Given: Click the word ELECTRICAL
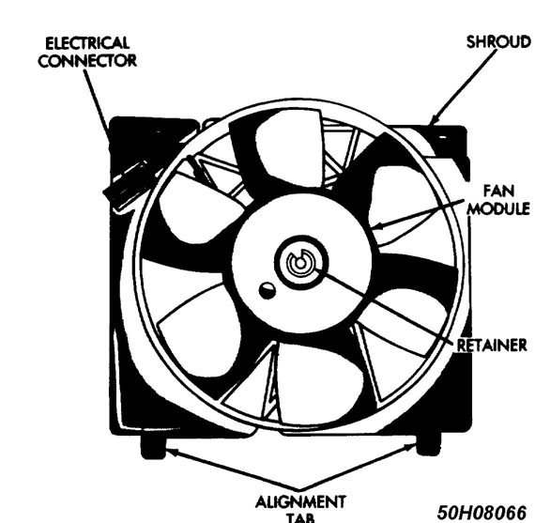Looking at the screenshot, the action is pyautogui.click(x=87, y=43).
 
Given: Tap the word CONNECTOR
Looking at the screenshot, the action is pyautogui.click(x=87, y=61).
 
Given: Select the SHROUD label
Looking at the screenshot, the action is pyautogui.click(x=498, y=42).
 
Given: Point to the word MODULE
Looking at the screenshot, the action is pyautogui.click(x=498, y=208).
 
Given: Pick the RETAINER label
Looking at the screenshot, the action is pyautogui.click(x=492, y=346).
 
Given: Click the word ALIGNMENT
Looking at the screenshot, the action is pyautogui.click(x=300, y=502).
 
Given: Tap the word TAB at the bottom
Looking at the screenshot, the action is pyautogui.click(x=300, y=518).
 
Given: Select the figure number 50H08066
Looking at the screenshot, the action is pyautogui.click(x=481, y=512).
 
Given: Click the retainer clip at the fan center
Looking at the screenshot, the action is pyautogui.click(x=300, y=263).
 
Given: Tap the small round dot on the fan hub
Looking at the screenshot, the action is pyautogui.click(x=267, y=290).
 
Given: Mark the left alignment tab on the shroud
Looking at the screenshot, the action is pyautogui.click(x=153, y=446).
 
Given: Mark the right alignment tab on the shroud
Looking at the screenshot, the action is pyautogui.click(x=429, y=443).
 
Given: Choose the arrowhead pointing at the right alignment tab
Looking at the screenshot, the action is pyautogui.click(x=410, y=448).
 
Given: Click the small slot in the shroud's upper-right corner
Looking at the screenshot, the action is pyautogui.click(x=442, y=137).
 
